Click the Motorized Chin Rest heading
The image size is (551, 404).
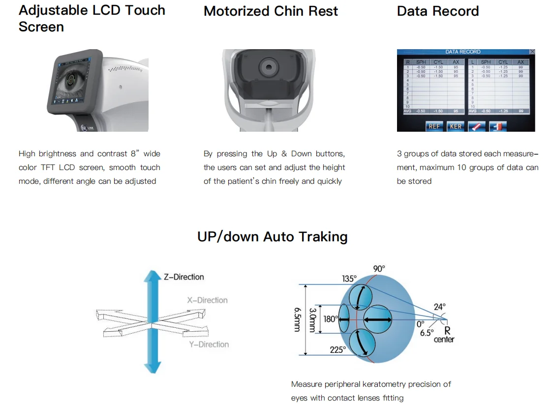tap(271, 11)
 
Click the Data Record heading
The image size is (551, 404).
tap(437, 11)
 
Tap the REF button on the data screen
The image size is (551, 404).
tap(434, 126)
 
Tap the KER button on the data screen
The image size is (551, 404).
tap(456, 126)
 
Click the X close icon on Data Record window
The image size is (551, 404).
tap(532, 52)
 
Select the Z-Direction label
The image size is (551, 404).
tap(184, 277)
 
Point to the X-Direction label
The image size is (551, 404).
tap(207, 300)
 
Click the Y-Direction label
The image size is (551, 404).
tap(209, 345)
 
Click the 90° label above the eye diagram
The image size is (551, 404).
tap(379, 269)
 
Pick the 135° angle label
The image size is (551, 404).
tap(349, 279)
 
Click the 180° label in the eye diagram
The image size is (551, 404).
tap(330, 319)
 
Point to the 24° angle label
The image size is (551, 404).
tap(439, 307)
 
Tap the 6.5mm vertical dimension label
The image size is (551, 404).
tap(297, 319)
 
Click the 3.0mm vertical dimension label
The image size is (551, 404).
tap(312, 319)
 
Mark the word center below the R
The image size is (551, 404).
tap(444, 339)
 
